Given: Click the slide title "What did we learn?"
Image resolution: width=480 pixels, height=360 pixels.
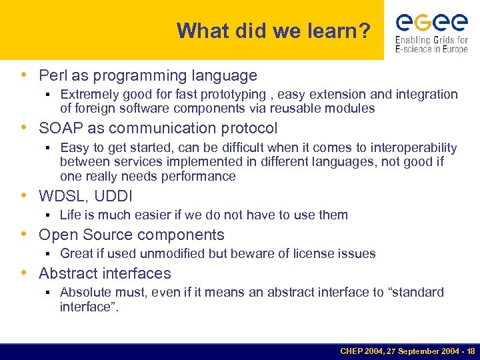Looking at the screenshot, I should (x=273, y=31).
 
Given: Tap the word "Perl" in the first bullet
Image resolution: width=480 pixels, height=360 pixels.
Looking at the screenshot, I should (x=52, y=76).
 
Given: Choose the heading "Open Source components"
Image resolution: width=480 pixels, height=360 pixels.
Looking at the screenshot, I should (x=131, y=235).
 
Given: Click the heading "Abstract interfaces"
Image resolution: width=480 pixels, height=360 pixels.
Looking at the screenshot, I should (x=105, y=273).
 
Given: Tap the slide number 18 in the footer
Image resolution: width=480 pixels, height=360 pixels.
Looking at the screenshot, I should (x=471, y=351).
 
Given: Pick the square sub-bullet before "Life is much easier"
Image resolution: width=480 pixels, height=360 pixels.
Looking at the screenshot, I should (x=49, y=215).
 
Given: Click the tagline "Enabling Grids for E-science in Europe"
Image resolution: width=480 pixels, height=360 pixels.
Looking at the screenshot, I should (x=431, y=45).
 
